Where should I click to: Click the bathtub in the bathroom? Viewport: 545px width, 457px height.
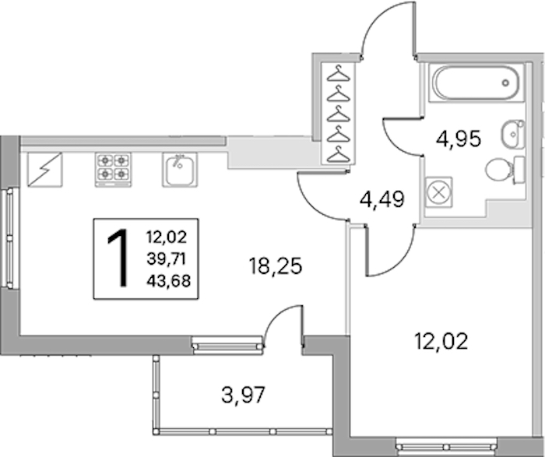[x=476, y=83]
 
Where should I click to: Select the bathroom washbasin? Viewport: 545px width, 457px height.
[x=513, y=134]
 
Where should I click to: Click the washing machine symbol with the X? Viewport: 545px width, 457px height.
[x=438, y=192]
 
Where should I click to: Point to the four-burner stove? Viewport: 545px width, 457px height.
[x=113, y=170]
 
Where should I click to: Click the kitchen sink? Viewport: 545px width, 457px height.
[x=179, y=170]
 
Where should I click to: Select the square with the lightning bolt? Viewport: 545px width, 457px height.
[x=45, y=170]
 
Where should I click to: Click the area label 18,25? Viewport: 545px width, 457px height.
[x=276, y=266]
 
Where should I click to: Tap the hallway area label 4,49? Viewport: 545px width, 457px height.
[x=382, y=200]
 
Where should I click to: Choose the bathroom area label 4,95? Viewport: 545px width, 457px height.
[x=459, y=139]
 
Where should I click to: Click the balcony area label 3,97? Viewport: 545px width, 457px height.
[x=243, y=395]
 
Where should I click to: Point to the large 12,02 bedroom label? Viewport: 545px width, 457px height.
[x=441, y=341]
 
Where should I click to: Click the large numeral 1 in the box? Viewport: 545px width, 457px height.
[x=118, y=258]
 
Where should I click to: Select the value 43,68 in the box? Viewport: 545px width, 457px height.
[x=169, y=280]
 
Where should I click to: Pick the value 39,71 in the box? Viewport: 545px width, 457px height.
[x=167, y=259]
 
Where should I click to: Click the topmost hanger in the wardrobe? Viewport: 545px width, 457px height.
[x=339, y=74]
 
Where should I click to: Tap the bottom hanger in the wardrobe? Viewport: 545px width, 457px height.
[x=339, y=154]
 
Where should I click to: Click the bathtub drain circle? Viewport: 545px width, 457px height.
[x=505, y=83]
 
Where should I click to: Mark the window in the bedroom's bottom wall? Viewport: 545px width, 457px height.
[x=445, y=445]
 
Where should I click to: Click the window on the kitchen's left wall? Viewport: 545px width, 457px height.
[x=9, y=238]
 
